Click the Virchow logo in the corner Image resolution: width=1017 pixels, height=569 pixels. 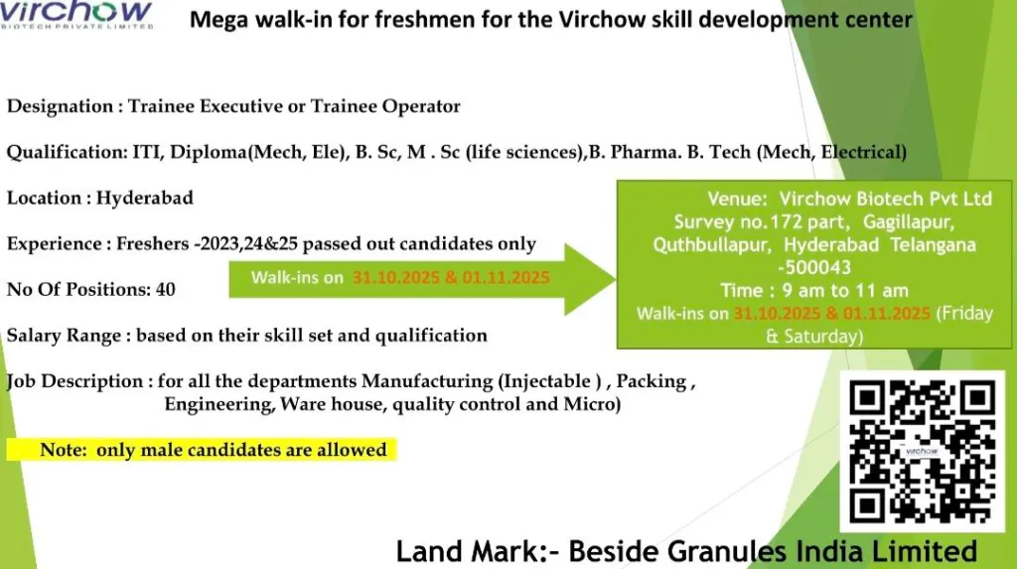76,14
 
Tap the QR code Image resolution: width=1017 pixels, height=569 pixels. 923,452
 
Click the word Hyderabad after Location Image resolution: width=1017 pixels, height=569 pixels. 145,198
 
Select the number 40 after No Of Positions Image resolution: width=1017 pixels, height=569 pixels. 166,289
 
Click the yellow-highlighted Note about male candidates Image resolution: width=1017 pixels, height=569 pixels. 202,450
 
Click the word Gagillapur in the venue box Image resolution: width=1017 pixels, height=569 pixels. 908,221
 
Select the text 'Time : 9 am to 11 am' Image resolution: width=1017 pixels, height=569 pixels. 814,290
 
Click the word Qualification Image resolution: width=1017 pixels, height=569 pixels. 67,153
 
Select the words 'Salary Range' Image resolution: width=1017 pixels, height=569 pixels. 64,336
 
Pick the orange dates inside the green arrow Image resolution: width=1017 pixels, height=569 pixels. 451,278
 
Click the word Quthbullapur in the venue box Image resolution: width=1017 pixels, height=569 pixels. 712,245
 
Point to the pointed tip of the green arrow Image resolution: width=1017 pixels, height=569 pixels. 616,279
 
